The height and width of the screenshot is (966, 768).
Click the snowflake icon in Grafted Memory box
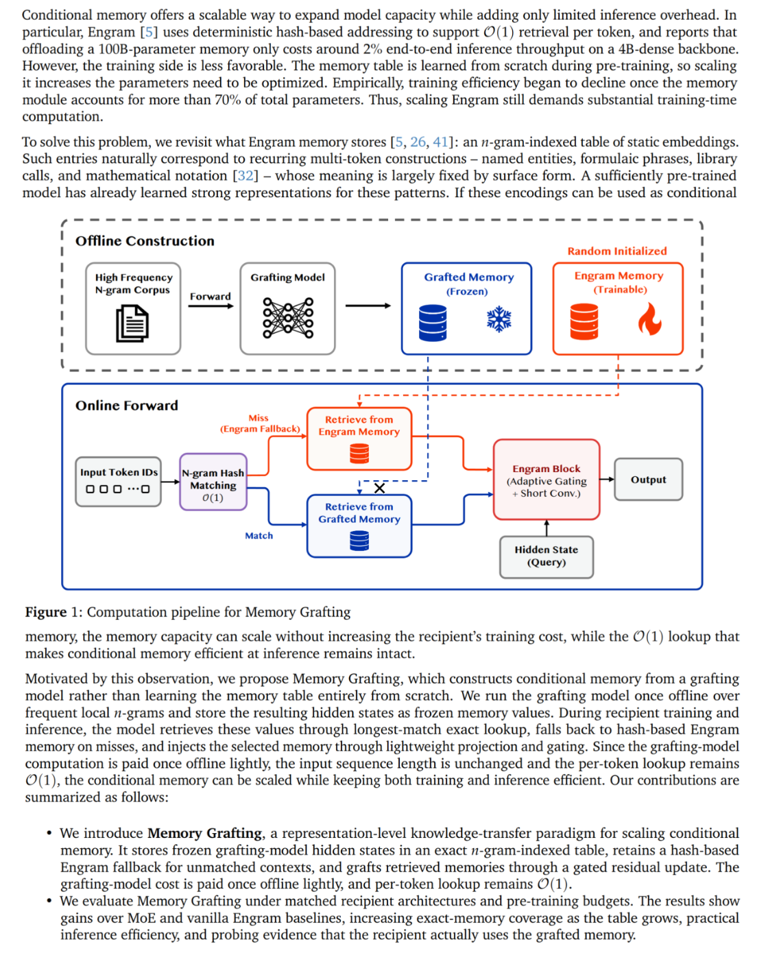point(499,319)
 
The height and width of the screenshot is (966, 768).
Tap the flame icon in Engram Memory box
point(649,319)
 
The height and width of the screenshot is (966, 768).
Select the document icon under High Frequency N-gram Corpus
point(132,323)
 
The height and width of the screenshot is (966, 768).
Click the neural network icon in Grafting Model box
point(287,318)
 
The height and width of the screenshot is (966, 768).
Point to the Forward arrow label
point(210,296)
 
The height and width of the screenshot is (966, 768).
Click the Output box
point(648,479)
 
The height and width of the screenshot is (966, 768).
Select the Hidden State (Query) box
point(546,556)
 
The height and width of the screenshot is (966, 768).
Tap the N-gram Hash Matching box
point(213,482)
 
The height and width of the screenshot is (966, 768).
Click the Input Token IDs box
point(119,482)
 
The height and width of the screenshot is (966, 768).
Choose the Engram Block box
point(546,480)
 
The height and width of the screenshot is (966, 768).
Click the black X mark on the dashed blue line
point(379,488)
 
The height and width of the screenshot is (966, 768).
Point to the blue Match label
point(259,536)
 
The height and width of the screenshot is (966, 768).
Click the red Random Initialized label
point(617,251)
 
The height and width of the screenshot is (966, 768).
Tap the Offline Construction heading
point(145,241)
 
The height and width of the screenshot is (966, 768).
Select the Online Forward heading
point(127,406)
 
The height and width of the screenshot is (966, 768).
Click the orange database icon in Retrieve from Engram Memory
point(359,454)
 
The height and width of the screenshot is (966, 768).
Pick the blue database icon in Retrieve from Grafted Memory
point(359,541)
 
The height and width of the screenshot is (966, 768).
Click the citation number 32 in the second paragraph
point(245,175)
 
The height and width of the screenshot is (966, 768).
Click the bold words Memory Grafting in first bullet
point(205,833)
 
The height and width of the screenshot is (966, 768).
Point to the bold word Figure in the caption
point(46,612)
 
